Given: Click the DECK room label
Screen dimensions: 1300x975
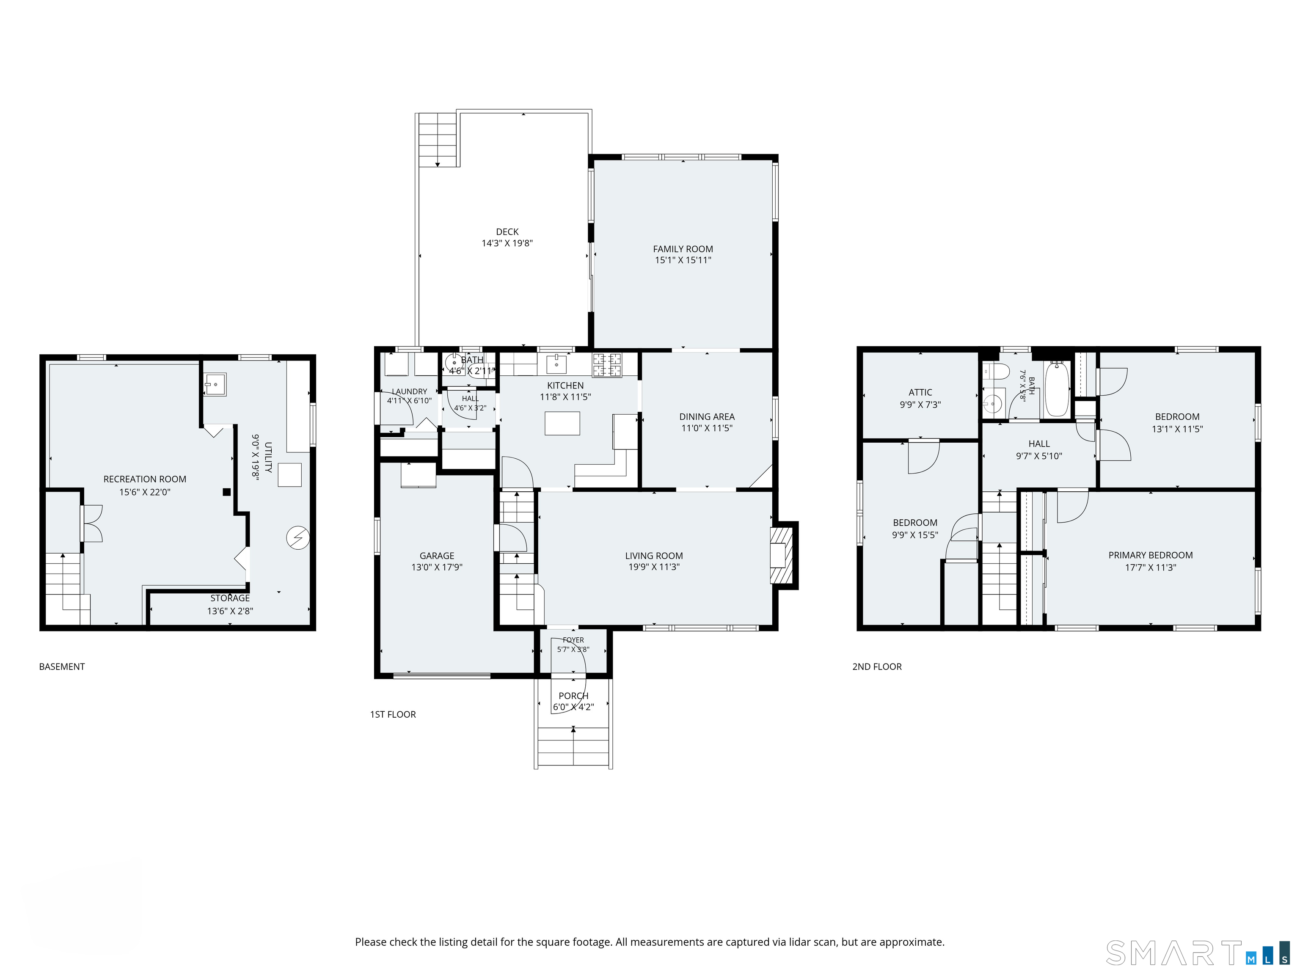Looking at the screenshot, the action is click(507, 231).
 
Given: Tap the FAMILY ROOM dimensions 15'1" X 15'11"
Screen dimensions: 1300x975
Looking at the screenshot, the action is click(683, 260).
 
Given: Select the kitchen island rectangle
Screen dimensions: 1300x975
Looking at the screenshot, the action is click(562, 423).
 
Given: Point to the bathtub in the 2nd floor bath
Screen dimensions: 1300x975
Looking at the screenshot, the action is click(1057, 388).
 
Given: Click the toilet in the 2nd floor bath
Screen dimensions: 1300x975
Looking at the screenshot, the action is click(996, 371).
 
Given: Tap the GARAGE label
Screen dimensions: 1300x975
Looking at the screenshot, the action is click(437, 555).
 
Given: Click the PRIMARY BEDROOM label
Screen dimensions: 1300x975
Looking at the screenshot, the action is click(1151, 555).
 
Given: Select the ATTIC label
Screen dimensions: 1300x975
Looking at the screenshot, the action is click(920, 392).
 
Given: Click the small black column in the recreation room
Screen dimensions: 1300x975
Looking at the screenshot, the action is click(227, 492).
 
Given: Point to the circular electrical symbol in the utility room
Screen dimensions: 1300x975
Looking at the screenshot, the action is click(298, 537).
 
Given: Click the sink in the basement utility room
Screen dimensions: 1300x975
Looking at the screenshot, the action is click(215, 384).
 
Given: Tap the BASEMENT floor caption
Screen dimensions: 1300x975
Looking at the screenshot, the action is click(62, 667).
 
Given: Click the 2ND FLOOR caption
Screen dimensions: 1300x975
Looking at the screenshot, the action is click(877, 667).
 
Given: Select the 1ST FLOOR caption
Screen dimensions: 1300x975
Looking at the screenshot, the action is click(393, 714).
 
